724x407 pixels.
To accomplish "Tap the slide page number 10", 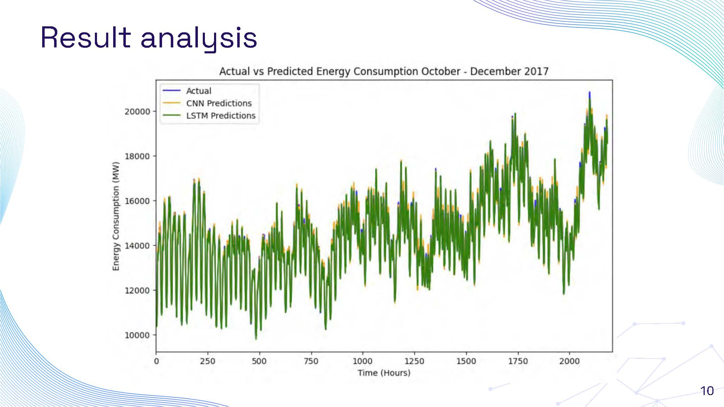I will [x=707, y=391].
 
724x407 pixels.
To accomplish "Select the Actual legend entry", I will [x=199, y=91].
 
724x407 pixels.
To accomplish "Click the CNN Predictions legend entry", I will [x=219, y=103].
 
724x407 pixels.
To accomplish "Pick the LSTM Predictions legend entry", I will [x=220, y=116].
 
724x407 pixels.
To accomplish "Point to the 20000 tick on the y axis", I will [x=137, y=111].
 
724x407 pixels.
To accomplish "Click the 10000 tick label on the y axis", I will [x=137, y=335].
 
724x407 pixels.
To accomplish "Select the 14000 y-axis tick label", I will [x=137, y=245].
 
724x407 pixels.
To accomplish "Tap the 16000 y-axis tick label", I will [x=137, y=201].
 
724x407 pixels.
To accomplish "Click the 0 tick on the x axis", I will [x=156, y=361].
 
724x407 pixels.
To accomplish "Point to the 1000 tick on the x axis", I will [x=362, y=361].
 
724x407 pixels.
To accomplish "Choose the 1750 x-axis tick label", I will [x=518, y=361].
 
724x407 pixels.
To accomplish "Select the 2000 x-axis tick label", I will [x=569, y=361].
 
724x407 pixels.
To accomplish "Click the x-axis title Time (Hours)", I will [x=384, y=373].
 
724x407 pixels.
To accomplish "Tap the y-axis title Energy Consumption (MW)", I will [x=116, y=216].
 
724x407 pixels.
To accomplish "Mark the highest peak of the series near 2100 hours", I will [x=589, y=93].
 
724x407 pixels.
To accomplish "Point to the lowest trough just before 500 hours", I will [x=256, y=339].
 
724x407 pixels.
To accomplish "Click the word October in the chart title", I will [x=441, y=71].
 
